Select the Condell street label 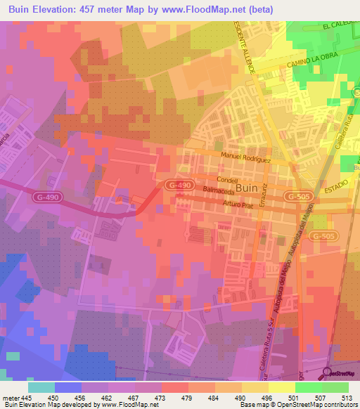pos(230,179)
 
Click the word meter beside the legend pos(11,397)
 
